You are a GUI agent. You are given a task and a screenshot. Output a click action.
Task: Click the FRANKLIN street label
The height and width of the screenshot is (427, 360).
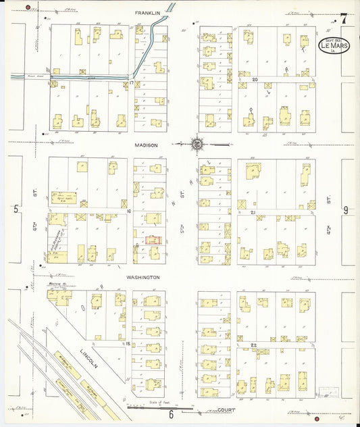(x=147, y=13)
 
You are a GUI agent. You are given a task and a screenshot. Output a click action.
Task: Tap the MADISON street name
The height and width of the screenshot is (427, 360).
(x=146, y=145)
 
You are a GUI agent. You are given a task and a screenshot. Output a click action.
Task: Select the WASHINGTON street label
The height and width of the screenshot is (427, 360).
(x=143, y=277)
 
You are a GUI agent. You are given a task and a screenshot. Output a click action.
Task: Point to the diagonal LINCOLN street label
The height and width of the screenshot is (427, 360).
(x=88, y=357)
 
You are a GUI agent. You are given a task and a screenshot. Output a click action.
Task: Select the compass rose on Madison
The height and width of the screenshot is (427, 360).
(x=197, y=144)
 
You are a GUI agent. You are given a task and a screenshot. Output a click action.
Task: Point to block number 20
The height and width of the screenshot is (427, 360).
(x=255, y=80)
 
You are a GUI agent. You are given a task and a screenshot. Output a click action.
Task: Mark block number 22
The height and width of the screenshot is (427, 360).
(x=255, y=345)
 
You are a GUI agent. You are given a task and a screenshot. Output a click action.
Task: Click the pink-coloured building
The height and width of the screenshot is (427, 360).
(x=154, y=239)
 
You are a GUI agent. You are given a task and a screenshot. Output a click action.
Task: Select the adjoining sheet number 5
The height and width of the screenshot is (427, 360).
(x=16, y=210)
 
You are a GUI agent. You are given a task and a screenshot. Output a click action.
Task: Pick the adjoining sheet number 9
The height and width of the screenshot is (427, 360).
(x=345, y=210)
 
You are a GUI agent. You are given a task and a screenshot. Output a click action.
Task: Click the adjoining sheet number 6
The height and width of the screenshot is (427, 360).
(x=172, y=414)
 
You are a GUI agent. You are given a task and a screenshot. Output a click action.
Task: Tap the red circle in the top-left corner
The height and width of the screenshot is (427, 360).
(x=28, y=7)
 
